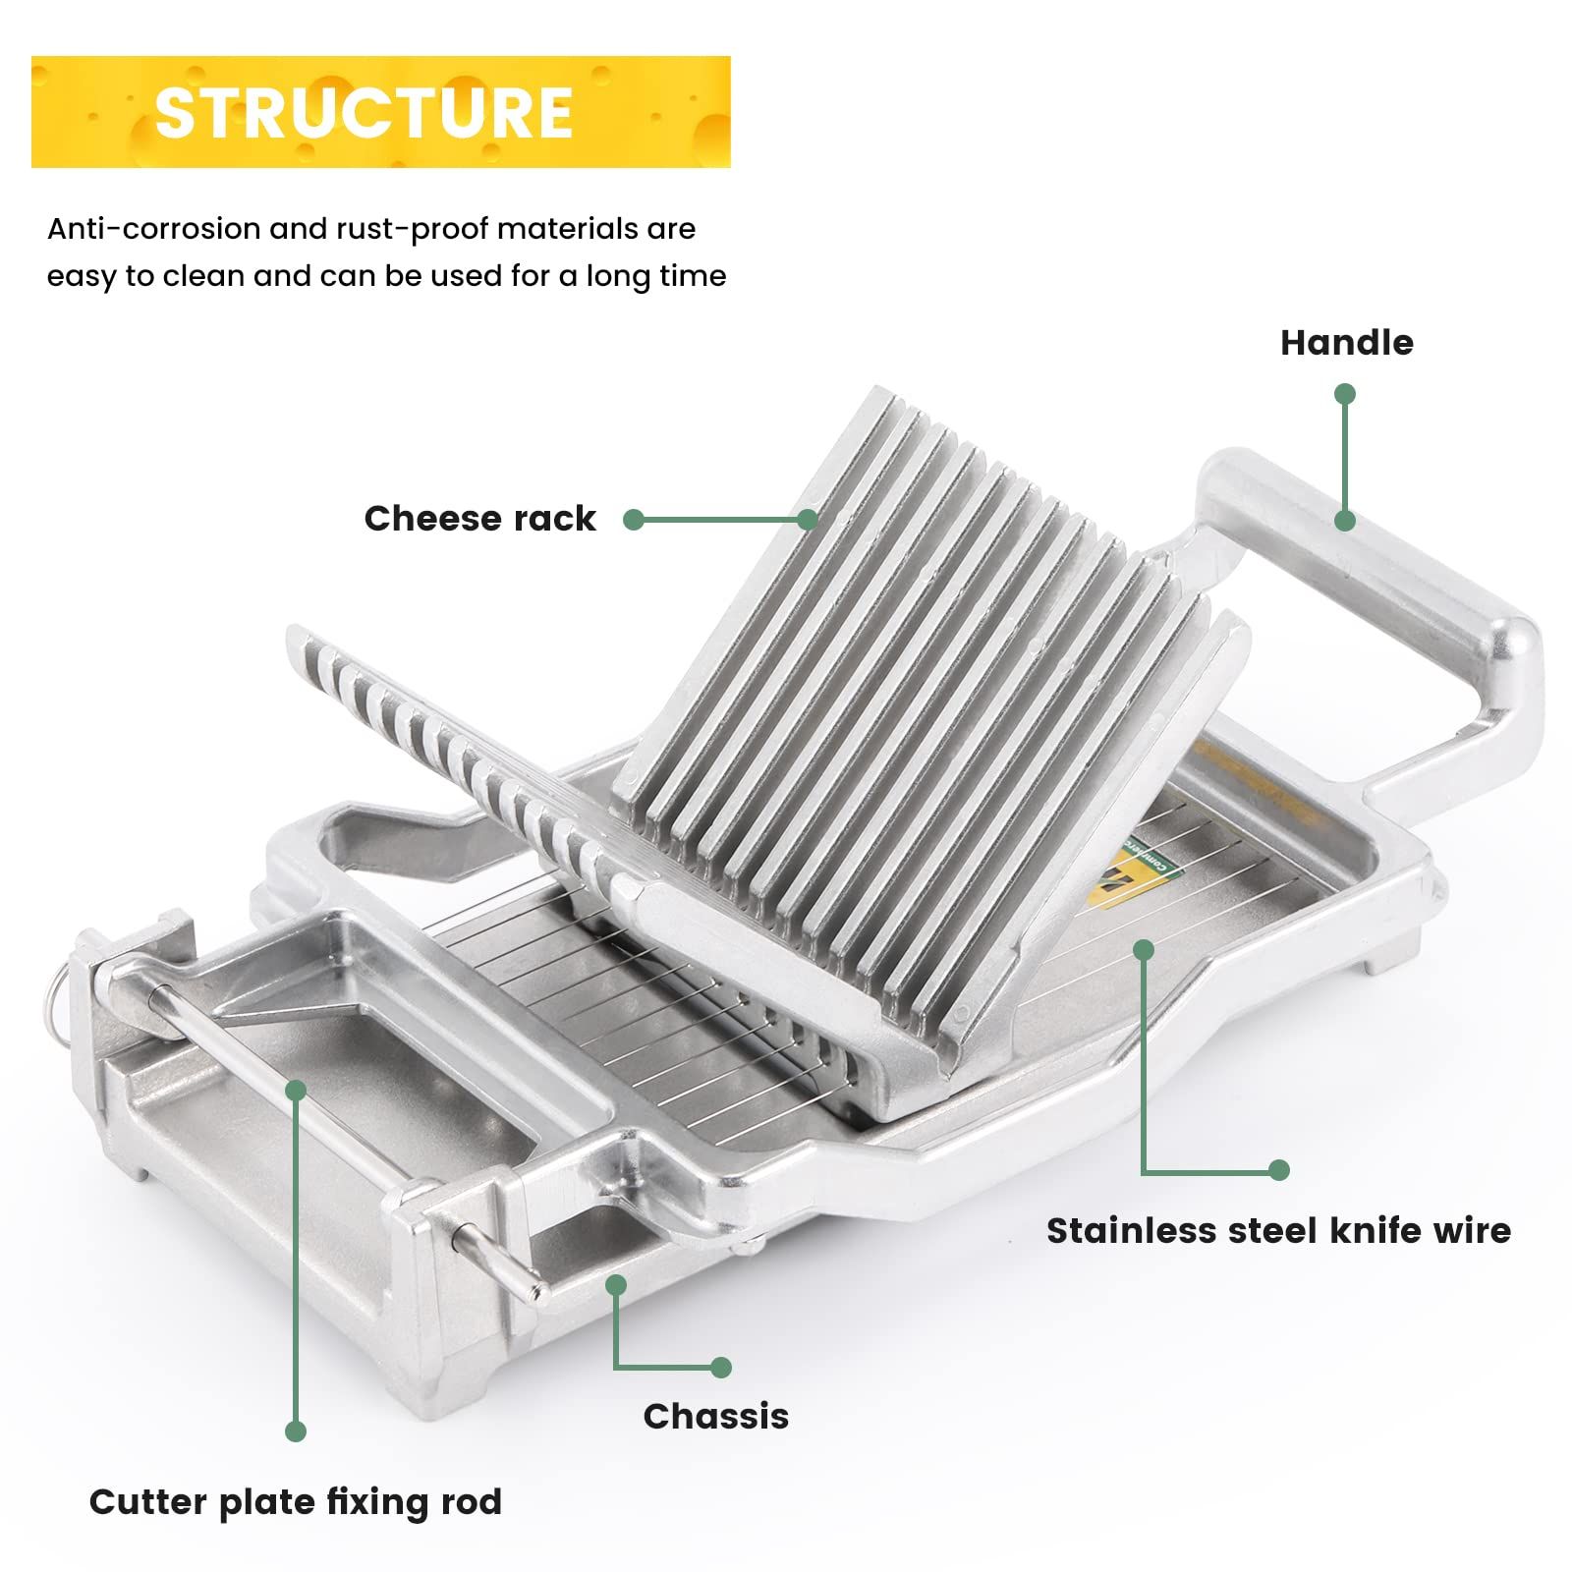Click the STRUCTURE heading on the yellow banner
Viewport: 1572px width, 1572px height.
point(364,112)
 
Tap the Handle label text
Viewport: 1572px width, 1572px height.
point(1346,343)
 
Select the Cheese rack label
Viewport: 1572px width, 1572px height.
point(479,519)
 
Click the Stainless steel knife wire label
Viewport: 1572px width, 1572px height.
point(1278,1230)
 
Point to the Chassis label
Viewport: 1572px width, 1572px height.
point(716,1416)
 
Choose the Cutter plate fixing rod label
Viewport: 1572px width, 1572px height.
point(296,1501)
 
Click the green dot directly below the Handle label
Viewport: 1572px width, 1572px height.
point(1345,394)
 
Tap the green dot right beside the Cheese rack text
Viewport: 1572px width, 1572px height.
point(634,520)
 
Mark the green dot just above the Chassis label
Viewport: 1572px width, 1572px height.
point(721,1367)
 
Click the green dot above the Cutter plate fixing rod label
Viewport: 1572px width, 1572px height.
point(296,1432)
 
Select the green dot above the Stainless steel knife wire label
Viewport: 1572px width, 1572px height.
point(1278,1170)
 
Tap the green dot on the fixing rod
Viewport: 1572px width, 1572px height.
point(296,1090)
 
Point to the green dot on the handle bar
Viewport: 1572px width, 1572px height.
point(1345,520)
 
